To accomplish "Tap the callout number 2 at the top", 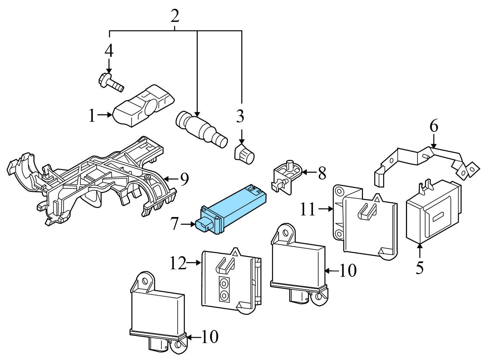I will click(x=175, y=16).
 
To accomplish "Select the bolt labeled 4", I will click(x=110, y=82).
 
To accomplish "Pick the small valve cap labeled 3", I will click(x=245, y=153).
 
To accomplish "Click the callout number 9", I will click(x=185, y=179).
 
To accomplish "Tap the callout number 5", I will click(x=420, y=267).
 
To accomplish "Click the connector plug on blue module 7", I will click(x=203, y=225).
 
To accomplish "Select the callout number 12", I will click(x=178, y=263).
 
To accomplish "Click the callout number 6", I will click(x=433, y=126).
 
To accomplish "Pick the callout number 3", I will click(x=240, y=117).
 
